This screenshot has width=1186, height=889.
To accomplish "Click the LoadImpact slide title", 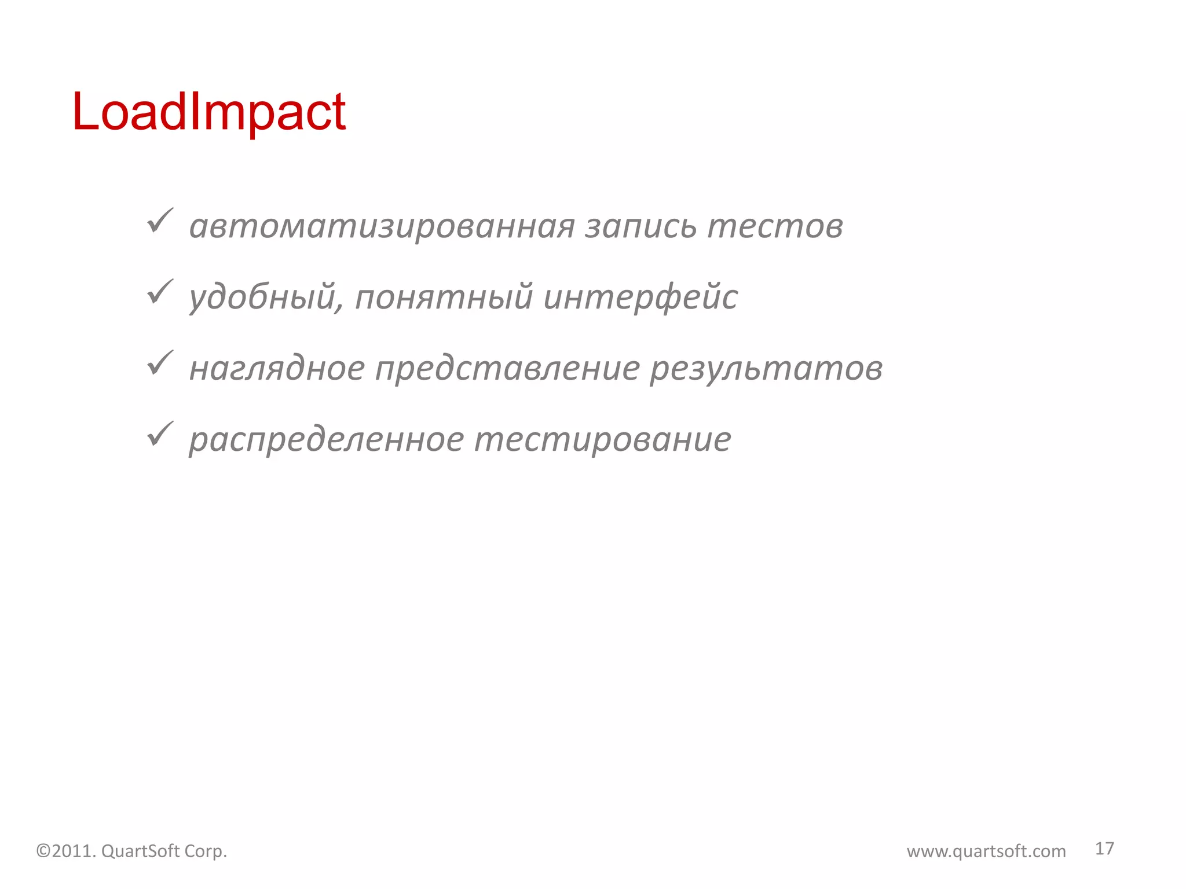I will click(208, 112).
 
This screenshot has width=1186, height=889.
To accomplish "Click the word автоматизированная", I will click(382, 226).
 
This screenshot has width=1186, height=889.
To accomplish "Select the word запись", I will click(640, 226).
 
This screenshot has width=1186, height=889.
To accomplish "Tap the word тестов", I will click(775, 226).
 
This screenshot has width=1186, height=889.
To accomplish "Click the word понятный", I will click(444, 297).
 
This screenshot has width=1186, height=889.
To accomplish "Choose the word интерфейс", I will click(640, 297).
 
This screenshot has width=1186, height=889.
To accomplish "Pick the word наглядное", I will click(277, 369).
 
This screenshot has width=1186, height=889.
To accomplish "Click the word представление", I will click(507, 369).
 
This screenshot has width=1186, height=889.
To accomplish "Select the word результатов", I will click(766, 369).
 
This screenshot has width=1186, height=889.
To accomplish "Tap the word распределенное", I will click(327, 440).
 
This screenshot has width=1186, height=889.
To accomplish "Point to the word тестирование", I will click(603, 440).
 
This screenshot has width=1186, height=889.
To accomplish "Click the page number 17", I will click(1104, 848).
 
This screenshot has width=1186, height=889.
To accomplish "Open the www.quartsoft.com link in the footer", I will click(986, 851).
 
